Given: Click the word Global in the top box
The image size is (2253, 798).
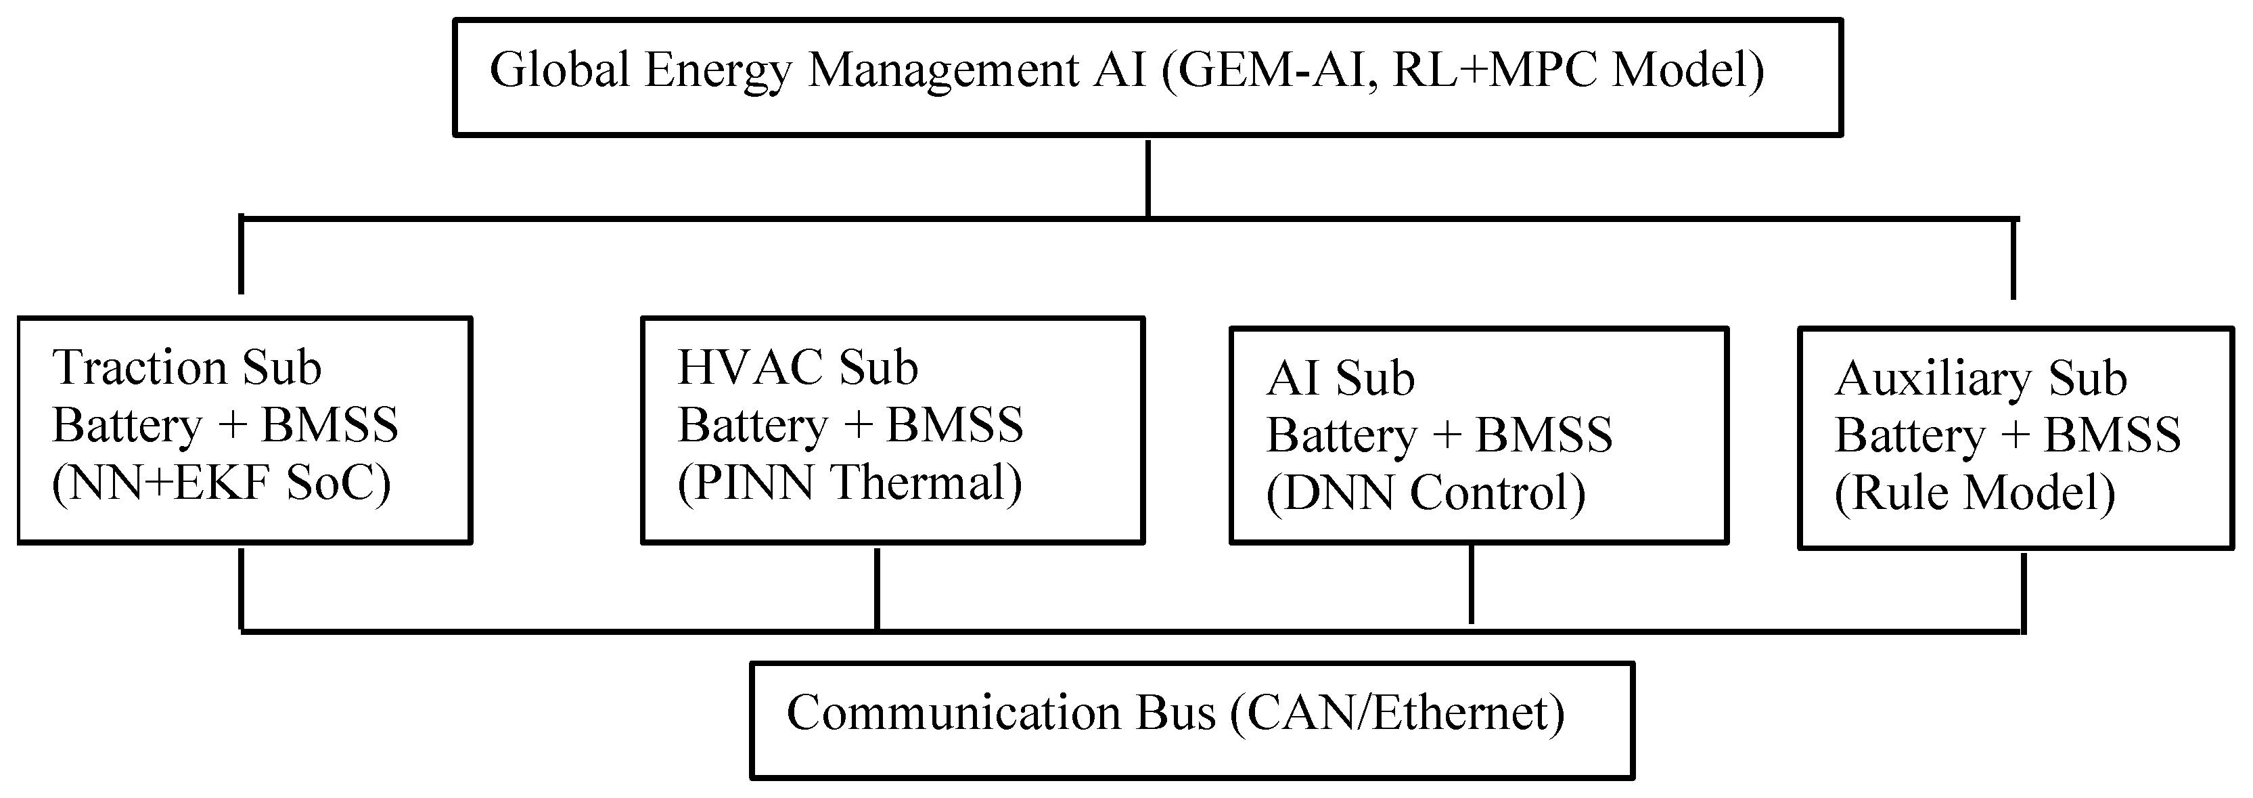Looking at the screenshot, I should (559, 70).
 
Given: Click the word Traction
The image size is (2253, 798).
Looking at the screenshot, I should (140, 368).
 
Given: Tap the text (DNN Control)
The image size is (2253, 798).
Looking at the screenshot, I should (1426, 493).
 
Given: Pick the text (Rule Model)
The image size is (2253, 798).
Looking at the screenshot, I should (1975, 493).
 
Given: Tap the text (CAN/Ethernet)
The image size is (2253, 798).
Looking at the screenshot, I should (1396, 713).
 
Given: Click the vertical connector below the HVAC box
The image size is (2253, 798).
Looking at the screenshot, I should (878, 588).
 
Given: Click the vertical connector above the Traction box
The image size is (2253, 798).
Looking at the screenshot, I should (240, 255).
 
